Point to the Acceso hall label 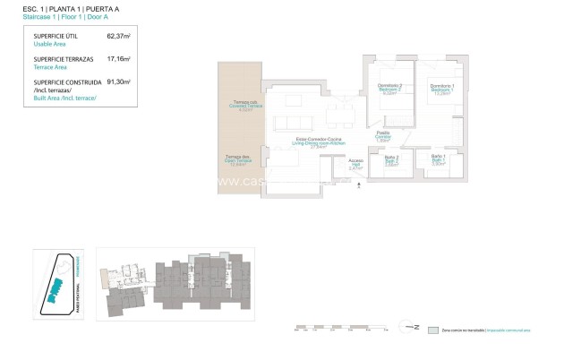[x=356, y=163]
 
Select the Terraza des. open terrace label [x=238, y=160]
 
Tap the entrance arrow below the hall [x=359, y=184]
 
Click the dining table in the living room [x=338, y=114]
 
